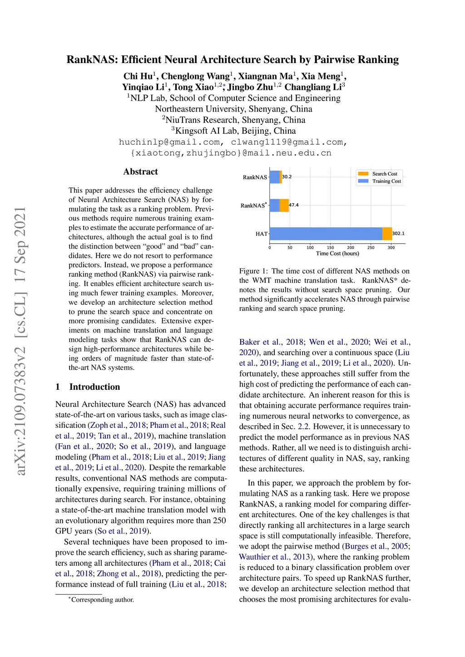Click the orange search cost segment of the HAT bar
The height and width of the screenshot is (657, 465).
click(x=387, y=234)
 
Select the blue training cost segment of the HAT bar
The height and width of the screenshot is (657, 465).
click(x=326, y=234)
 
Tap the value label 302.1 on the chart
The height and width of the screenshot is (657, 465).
click(x=398, y=234)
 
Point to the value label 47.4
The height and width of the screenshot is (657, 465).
click(x=294, y=205)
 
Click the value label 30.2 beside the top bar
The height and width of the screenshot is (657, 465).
click(x=287, y=177)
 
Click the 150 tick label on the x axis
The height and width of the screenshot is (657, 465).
click(x=331, y=248)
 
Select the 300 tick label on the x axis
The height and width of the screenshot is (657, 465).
click(x=391, y=248)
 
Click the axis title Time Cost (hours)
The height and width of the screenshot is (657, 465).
click(x=337, y=254)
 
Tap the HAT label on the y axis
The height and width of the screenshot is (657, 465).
click(x=262, y=234)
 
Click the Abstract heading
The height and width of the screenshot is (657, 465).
click(x=141, y=172)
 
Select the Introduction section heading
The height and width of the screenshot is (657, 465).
click(x=94, y=387)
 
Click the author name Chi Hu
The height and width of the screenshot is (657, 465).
click(x=138, y=76)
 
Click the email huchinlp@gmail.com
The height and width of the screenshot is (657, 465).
click(x=170, y=142)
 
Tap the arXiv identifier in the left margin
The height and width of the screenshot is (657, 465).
click(x=21, y=340)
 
